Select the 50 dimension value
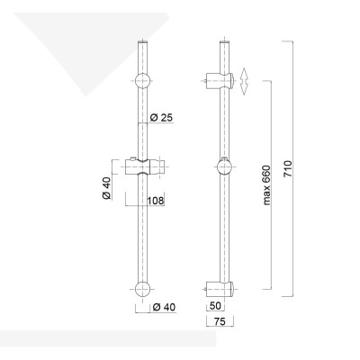(215, 305)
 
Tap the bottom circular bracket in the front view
(144, 289)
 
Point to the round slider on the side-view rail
(224, 166)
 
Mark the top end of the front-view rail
(144, 41)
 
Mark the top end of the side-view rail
(224, 41)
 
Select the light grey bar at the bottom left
(108, 337)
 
